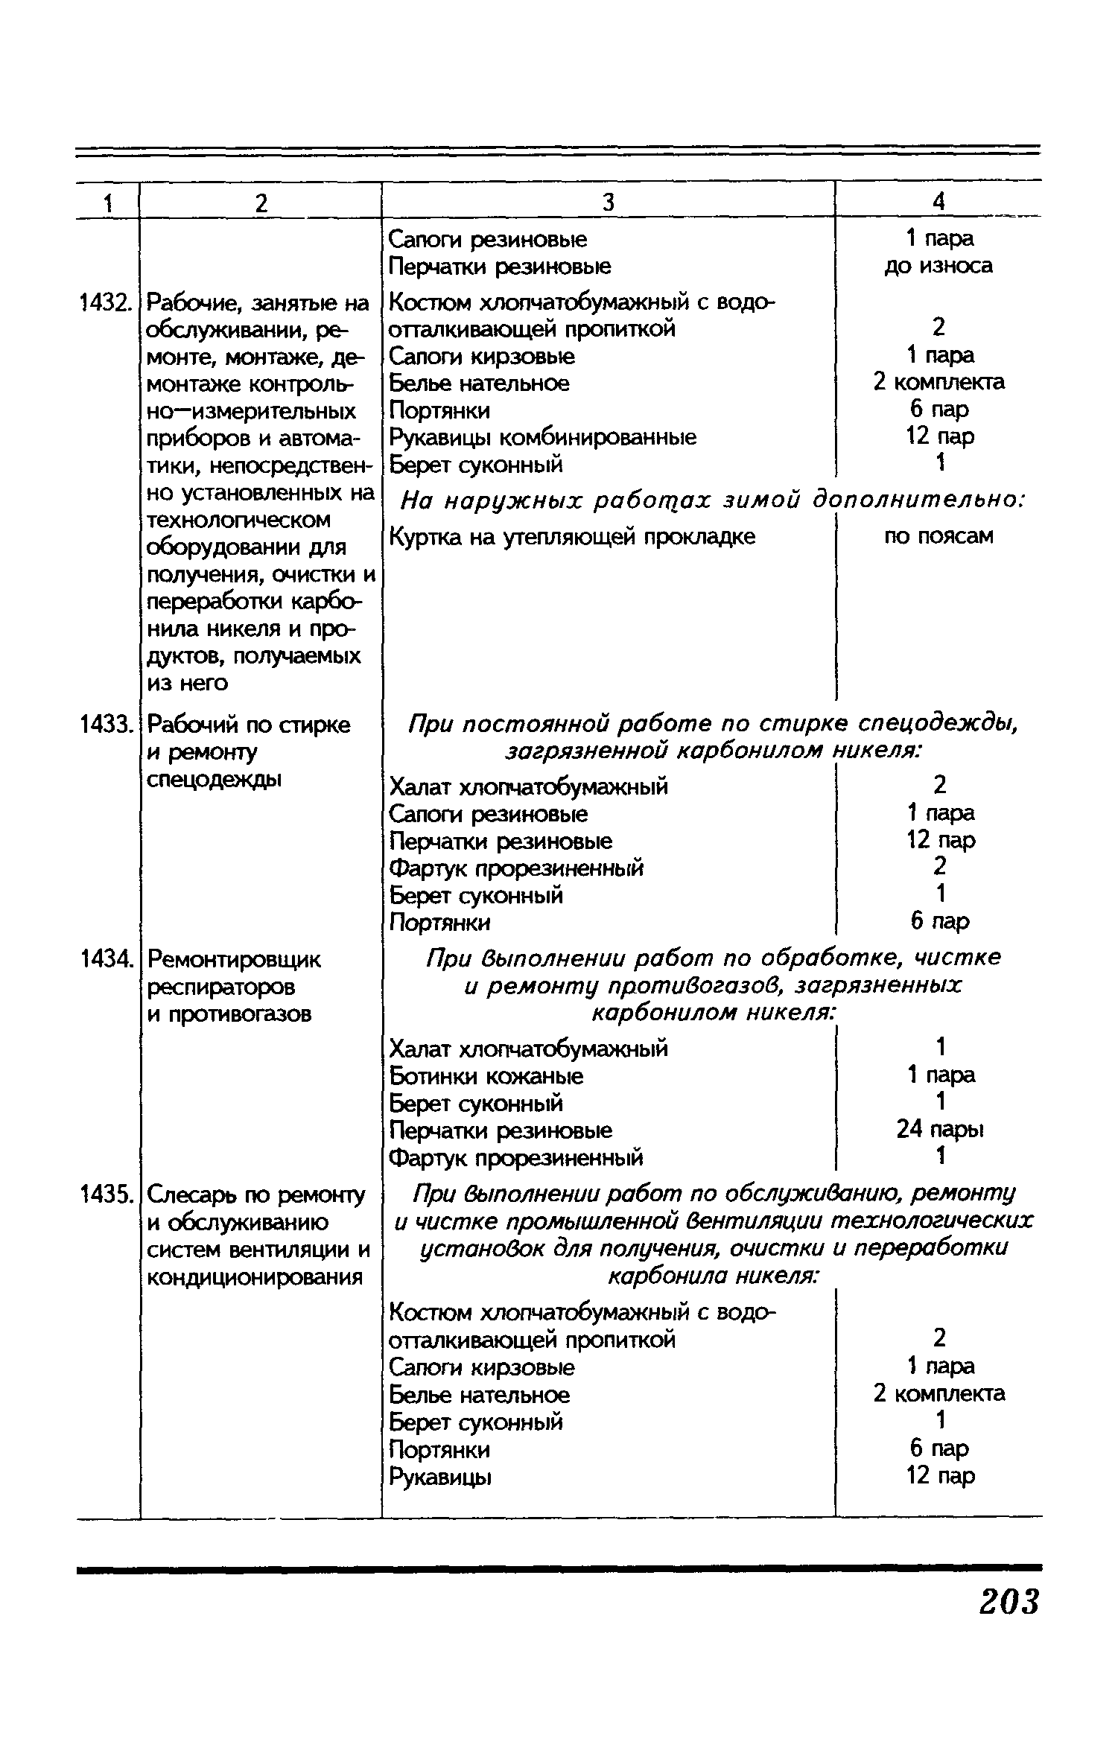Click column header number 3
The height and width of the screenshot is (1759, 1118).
click(608, 203)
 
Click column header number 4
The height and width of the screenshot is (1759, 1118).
click(938, 202)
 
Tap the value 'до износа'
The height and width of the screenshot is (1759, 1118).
click(938, 266)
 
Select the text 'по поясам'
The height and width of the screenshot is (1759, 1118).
click(938, 535)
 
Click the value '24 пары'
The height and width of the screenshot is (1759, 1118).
click(940, 1130)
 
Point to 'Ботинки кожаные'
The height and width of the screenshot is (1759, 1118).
click(486, 1076)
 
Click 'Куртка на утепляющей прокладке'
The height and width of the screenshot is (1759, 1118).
click(572, 536)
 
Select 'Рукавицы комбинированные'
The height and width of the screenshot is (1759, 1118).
click(543, 437)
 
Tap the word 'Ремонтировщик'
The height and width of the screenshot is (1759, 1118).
click(234, 960)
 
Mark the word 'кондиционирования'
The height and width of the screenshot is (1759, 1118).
click(255, 1277)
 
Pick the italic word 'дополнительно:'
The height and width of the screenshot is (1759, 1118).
click(918, 500)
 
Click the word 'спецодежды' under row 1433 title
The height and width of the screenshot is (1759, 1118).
click(215, 779)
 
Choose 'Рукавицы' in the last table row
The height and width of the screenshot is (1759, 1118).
click(440, 1476)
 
